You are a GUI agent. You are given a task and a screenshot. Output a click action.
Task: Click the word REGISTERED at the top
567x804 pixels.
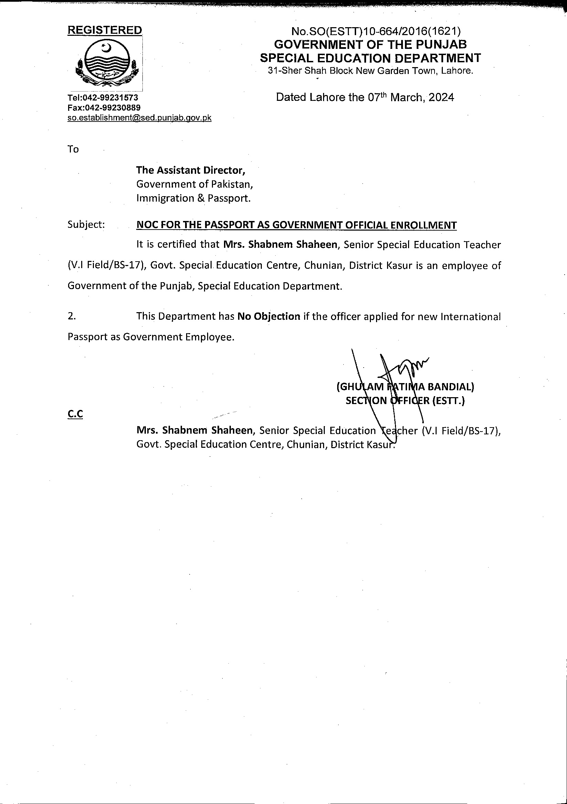pos(105,30)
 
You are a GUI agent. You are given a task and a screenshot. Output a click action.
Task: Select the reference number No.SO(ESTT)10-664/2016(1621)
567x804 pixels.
pos(376,32)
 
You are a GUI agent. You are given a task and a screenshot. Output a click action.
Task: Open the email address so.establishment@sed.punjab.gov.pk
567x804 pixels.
pos(139,118)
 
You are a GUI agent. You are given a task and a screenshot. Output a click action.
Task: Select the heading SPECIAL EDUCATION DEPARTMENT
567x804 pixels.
pos(370,58)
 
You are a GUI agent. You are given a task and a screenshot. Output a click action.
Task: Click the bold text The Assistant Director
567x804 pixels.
pos(191,170)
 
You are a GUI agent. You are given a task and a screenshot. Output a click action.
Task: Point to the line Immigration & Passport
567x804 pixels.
pos(194,198)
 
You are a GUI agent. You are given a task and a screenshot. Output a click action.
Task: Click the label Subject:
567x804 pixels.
pos(86,224)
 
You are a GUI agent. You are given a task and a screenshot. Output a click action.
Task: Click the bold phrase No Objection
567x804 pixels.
pos(268,316)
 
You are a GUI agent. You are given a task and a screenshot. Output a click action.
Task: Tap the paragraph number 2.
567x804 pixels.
pos(72,316)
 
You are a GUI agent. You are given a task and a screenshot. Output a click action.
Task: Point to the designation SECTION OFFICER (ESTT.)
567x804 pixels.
pos(405,401)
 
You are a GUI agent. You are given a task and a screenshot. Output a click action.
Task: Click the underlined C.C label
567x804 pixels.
pos(75,414)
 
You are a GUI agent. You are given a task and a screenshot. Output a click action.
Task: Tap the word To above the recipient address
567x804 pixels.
pos(73,149)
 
